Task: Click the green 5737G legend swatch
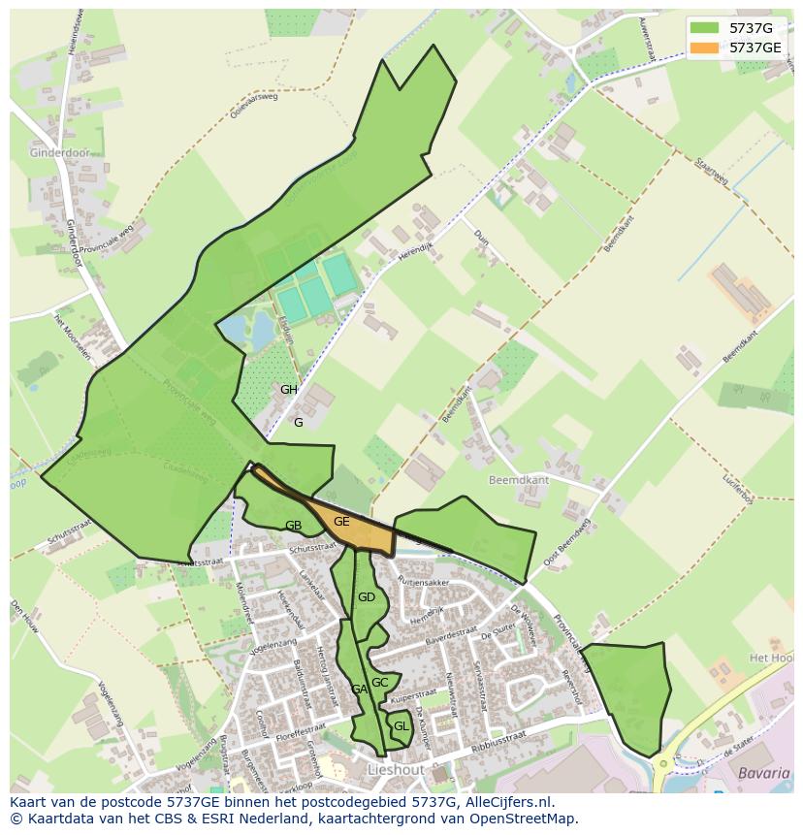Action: point(704,28)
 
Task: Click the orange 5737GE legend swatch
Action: point(704,48)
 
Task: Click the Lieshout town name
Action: point(396,769)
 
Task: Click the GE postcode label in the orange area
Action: point(341,522)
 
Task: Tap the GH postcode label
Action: point(289,390)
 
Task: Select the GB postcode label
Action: point(293,526)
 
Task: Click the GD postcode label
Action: point(366,597)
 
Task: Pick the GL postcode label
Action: point(401,725)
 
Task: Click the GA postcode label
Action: point(359,690)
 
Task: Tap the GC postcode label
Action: point(380,683)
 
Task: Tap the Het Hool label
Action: point(774,658)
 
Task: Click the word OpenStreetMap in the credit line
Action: point(525,819)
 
